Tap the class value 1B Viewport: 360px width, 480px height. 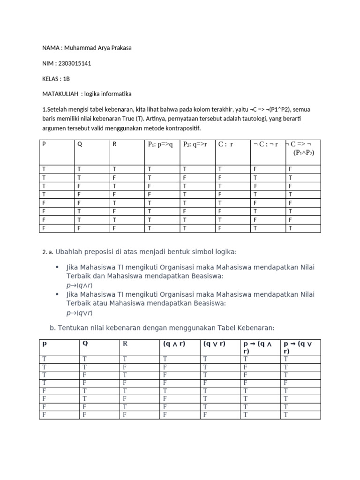click(x=66, y=79)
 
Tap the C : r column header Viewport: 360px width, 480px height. click(x=226, y=144)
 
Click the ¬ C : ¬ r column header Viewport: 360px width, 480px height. click(x=266, y=144)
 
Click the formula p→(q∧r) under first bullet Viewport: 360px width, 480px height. click(x=79, y=285)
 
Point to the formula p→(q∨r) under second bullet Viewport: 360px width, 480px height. click(x=79, y=313)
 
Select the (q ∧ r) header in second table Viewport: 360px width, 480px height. click(x=174, y=344)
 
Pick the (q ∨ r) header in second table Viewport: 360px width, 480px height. click(x=214, y=344)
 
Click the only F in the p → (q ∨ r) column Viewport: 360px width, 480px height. click(x=285, y=382)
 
